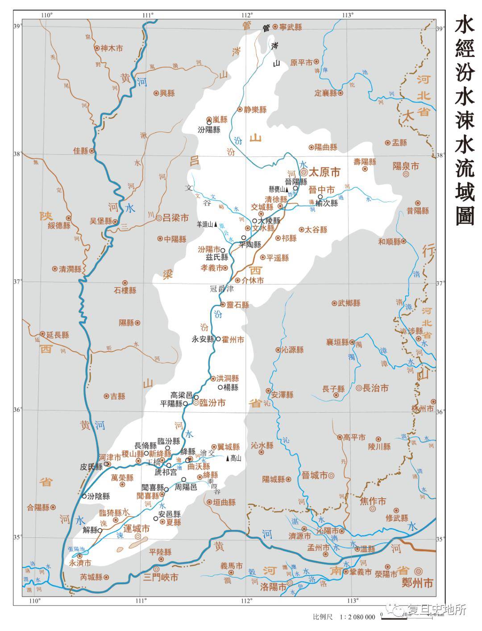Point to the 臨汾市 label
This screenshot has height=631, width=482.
pos(212,403)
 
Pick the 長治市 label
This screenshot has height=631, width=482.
pos(376,388)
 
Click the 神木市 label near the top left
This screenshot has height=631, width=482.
pos(112,49)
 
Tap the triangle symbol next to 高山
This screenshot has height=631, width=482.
pos(228,459)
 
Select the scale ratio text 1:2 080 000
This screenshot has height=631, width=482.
pos(357,617)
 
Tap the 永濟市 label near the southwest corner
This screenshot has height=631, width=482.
pos(80,563)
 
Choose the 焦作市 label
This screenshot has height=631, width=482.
pos(373,501)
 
